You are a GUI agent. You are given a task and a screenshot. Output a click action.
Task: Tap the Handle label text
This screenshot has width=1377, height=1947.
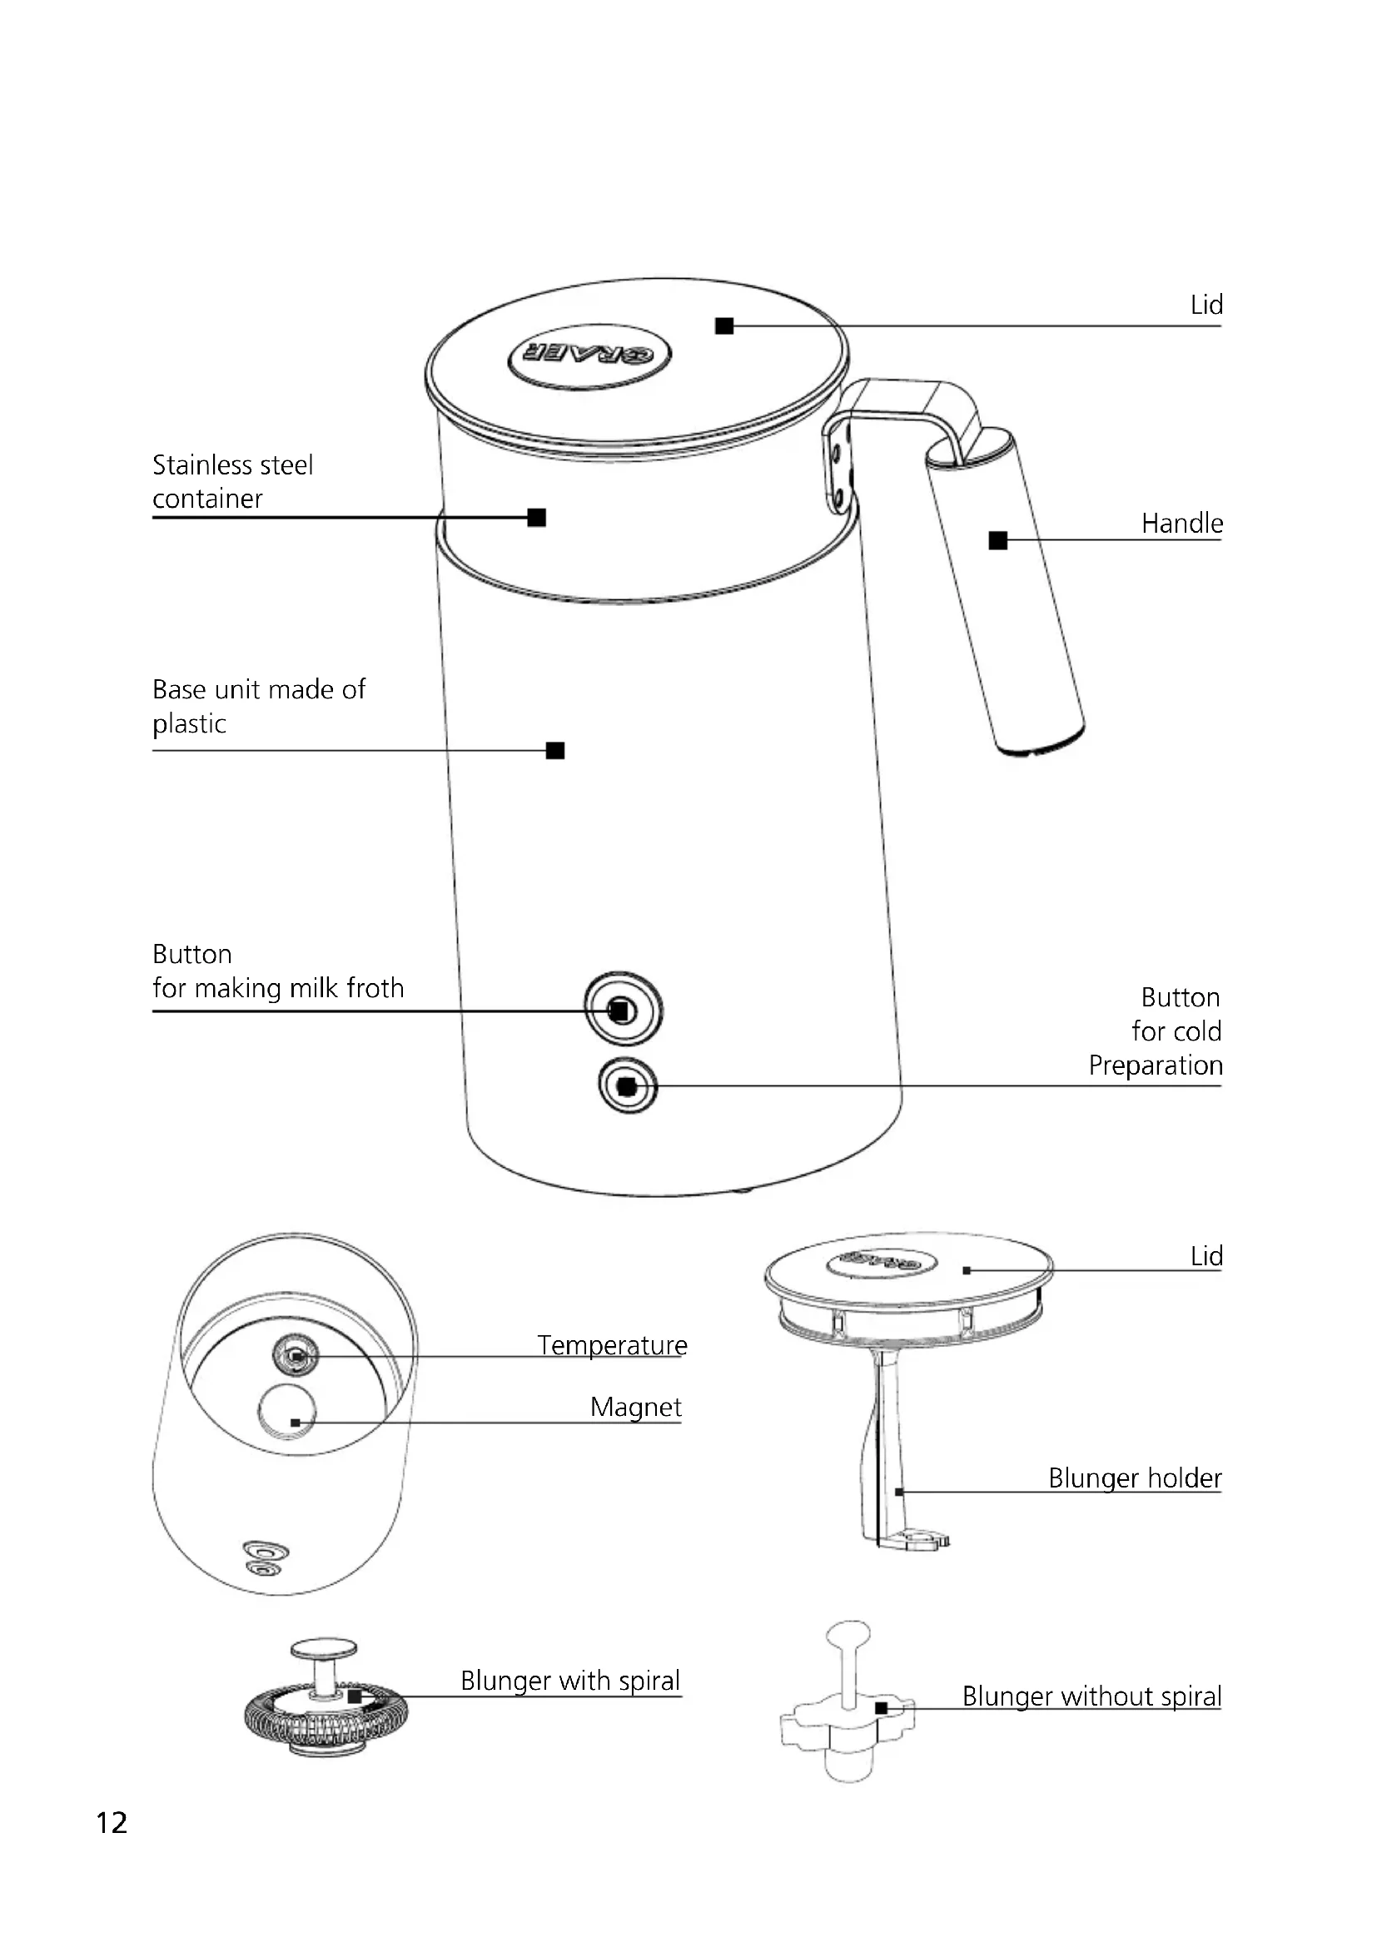[x=1181, y=524]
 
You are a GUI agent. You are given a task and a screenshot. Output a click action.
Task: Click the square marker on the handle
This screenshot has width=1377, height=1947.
[x=998, y=540]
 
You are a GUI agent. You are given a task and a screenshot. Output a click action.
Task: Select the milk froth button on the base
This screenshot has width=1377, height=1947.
[x=623, y=1010]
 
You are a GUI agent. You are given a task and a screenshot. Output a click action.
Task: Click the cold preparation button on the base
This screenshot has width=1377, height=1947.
[x=628, y=1085]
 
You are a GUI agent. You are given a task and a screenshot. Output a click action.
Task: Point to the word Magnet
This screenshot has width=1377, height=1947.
[x=635, y=1407]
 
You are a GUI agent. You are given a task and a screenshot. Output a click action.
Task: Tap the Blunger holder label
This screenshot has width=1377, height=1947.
[x=1135, y=1478]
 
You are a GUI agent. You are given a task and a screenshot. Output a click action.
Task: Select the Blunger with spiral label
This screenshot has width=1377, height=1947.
[x=569, y=1681]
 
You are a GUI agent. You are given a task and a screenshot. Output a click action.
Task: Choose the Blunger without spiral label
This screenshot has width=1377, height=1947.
[x=1091, y=1696]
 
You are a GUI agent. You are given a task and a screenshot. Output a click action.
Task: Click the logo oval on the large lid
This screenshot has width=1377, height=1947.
[x=589, y=355]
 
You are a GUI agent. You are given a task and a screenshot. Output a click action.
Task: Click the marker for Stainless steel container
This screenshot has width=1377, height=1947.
[x=536, y=517]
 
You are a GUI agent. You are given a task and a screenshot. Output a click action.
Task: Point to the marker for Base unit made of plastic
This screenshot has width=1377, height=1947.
[x=555, y=751]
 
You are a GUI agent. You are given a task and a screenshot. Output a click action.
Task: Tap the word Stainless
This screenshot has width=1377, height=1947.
[x=194, y=464]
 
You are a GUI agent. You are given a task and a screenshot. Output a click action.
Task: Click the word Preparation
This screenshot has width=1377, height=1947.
[x=1155, y=1065]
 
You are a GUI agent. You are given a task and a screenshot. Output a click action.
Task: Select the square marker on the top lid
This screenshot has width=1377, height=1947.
[x=724, y=325]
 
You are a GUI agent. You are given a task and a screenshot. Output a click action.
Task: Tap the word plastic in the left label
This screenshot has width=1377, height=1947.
[x=189, y=724]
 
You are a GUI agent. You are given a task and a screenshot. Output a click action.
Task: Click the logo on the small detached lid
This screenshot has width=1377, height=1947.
[x=881, y=1263]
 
